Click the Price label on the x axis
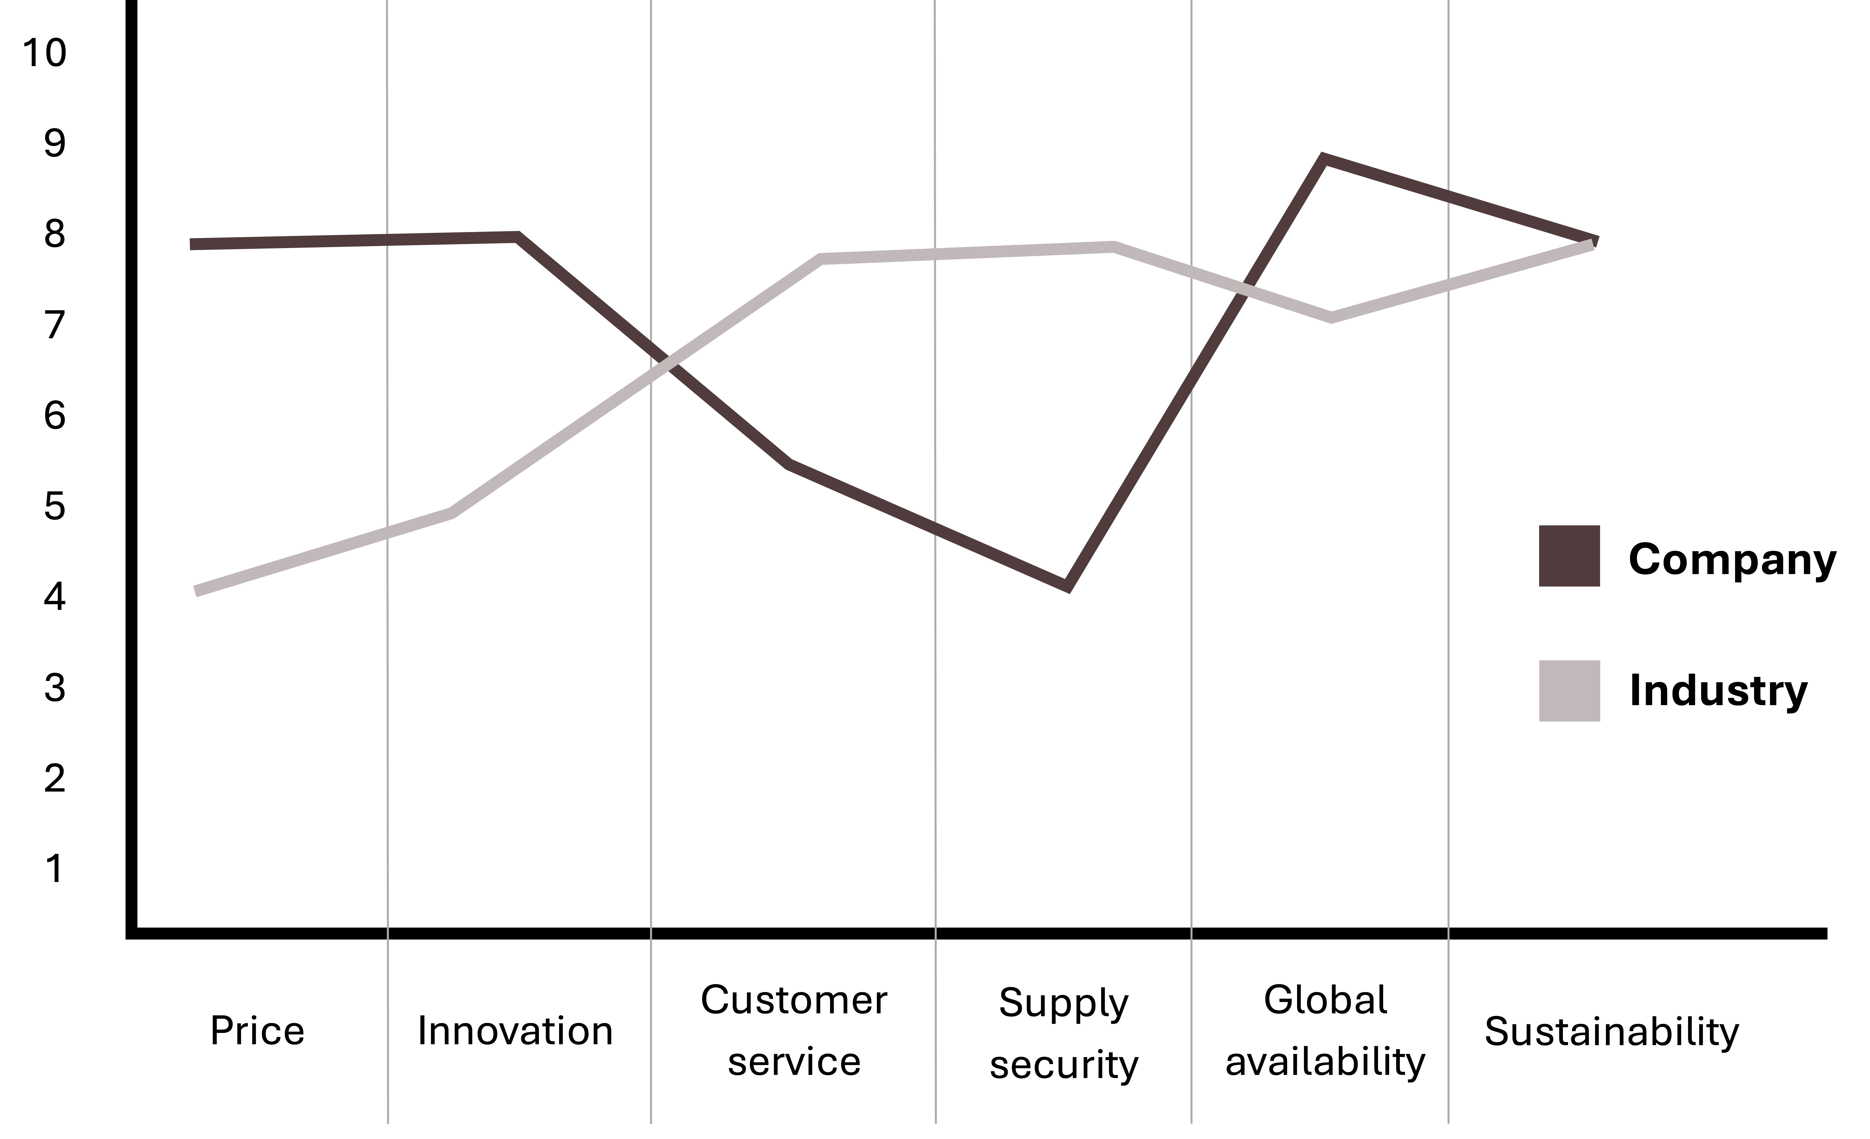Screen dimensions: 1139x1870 (x=257, y=1031)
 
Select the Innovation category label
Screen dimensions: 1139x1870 (x=515, y=1031)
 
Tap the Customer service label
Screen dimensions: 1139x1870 (x=794, y=1031)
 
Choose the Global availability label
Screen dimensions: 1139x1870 (x=1325, y=1031)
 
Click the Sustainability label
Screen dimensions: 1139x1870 (x=1611, y=1031)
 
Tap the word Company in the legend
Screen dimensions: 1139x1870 (x=1732, y=560)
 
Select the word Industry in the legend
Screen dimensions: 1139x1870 (x=1718, y=690)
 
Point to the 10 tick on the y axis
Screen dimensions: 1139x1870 (x=44, y=53)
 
